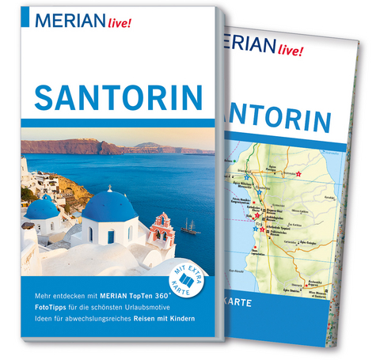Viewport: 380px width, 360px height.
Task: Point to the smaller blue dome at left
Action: coord(44,207)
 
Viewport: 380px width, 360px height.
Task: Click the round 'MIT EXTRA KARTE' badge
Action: coord(186,274)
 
